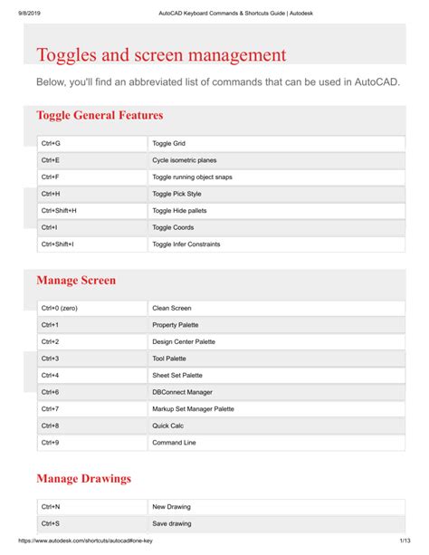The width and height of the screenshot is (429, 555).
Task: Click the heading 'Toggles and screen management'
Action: coord(161,54)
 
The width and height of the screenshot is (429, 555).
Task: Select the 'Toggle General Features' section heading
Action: coord(100,115)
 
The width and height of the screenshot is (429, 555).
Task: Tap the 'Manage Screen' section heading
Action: coord(76,281)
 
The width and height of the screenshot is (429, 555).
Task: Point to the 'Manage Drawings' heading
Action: coord(83,478)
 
